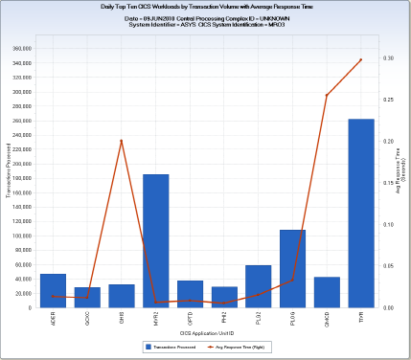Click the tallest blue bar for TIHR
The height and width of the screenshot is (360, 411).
pyautogui.click(x=360, y=214)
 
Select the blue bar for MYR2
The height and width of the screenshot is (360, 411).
pyautogui.click(x=156, y=241)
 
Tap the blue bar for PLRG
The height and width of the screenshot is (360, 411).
pyautogui.click(x=292, y=269)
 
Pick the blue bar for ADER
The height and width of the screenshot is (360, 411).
pyautogui.click(x=54, y=291)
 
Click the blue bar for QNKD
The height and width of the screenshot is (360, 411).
pyautogui.click(x=327, y=293)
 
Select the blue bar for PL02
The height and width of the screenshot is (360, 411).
pyautogui.click(x=258, y=286)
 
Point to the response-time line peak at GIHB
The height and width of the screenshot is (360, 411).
pyautogui.click(x=121, y=141)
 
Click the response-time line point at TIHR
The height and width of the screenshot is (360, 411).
pyautogui.click(x=360, y=59)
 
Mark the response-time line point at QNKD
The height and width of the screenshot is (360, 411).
pyautogui.click(x=327, y=95)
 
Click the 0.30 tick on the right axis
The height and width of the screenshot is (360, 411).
pyautogui.click(x=388, y=58)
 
